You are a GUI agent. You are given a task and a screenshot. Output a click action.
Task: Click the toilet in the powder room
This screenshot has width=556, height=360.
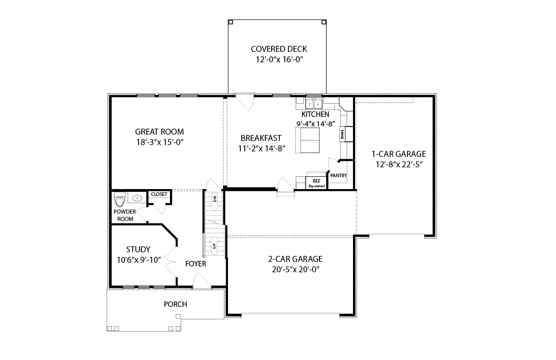click(x=119, y=199)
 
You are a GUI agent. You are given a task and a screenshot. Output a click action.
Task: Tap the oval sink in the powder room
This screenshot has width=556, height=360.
click(x=137, y=198)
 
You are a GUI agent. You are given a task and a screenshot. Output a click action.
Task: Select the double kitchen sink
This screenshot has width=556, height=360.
click(x=314, y=104)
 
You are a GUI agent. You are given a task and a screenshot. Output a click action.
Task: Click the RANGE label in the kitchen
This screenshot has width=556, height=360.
click(x=343, y=135)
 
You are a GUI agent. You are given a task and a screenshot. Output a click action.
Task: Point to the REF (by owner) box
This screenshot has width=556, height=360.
click(x=316, y=183)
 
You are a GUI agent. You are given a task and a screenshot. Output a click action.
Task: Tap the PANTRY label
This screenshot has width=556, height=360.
click(x=338, y=175)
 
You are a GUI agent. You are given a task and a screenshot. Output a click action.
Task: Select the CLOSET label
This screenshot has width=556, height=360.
click(x=159, y=194)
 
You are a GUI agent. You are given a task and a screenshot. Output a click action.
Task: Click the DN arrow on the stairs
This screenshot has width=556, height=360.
click(x=215, y=201)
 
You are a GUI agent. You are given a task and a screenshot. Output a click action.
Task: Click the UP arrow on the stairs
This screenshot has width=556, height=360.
click(x=214, y=245)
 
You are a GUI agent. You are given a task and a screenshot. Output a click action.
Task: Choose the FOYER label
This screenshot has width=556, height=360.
click(x=196, y=264)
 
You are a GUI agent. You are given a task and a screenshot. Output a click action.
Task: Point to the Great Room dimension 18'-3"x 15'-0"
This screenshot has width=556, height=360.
click(x=160, y=142)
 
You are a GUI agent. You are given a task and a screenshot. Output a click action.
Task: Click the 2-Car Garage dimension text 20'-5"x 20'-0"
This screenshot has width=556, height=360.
click(x=295, y=270)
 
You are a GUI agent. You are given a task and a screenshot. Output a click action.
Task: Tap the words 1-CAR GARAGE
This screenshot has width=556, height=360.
click(x=399, y=154)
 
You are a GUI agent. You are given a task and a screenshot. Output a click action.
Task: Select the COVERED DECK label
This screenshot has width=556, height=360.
click(x=279, y=49)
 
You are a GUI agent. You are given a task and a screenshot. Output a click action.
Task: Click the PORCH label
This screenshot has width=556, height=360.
click(x=175, y=304)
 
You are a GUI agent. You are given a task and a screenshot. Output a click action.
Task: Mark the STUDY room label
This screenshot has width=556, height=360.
click(x=138, y=249)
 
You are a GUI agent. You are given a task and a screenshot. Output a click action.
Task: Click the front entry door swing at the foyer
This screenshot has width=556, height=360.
click(x=202, y=281)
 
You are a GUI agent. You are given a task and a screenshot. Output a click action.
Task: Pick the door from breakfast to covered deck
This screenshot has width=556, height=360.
click(x=245, y=102)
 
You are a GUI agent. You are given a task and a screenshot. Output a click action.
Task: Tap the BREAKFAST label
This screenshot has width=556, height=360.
click(x=261, y=138)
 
